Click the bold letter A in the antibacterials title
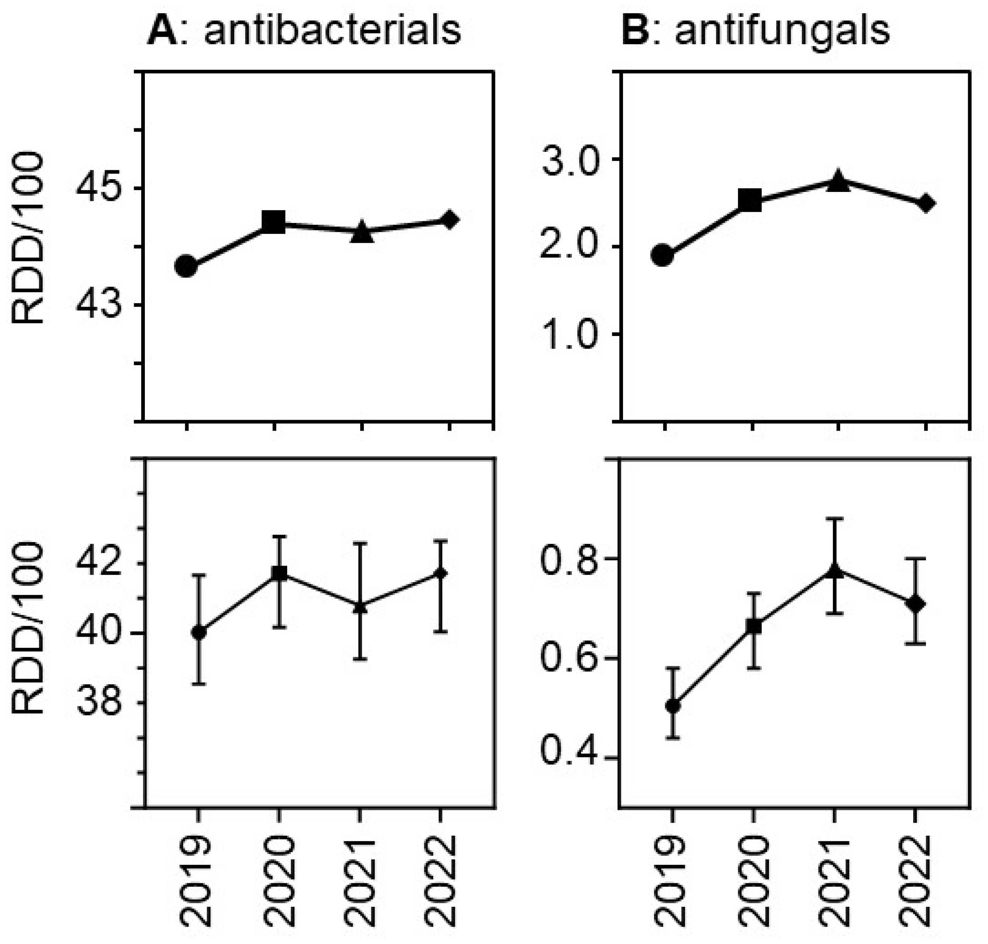[x=162, y=31]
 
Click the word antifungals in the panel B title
[x=782, y=31]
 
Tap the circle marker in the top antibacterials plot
[x=186, y=266]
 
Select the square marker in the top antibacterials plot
[x=274, y=223]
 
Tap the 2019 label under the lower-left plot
[x=196, y=881]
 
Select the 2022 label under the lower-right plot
[x=913, y=881]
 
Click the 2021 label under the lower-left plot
[x=359, y=881]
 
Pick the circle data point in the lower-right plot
[x=673, y=706]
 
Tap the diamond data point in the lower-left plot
[x=441, y=573]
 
